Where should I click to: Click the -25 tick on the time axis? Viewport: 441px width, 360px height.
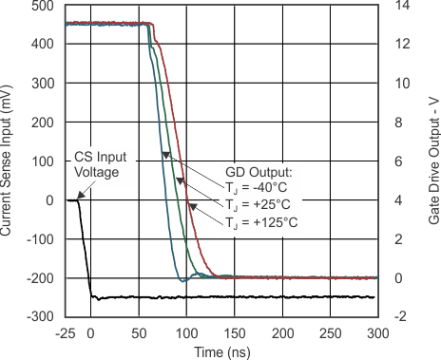[67, 333]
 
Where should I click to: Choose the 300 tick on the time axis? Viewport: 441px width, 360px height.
[378, 333]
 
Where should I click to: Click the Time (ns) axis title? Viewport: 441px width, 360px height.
[221, 351]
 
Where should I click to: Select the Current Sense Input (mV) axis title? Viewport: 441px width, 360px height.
[9, 161]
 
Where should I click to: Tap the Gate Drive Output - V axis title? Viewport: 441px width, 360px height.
[433, 161]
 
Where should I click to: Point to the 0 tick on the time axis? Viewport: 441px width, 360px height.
[91, 333]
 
